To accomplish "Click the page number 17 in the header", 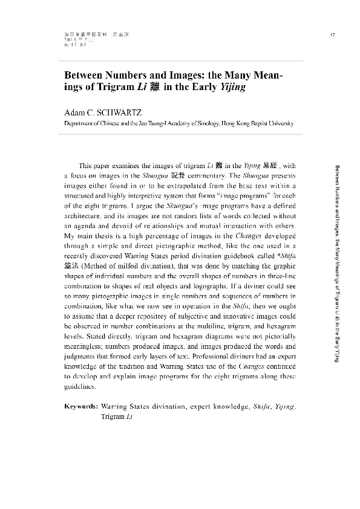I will coord(333,33).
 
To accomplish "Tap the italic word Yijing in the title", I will coord(236,87).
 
